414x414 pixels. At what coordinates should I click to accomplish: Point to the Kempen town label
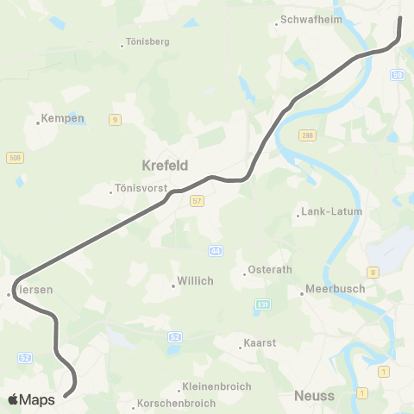[x=65, y=118]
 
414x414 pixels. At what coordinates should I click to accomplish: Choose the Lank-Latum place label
[x=332, y=211]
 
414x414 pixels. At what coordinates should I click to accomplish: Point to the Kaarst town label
[x=260, y=342]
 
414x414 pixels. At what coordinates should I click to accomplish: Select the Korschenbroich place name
[x=170, y=404]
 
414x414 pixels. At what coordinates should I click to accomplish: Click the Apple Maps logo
[x=31, y=399]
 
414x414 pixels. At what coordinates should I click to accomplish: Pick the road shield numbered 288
[x=308, y=135]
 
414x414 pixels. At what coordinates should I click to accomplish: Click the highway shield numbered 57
[x=198, y=201]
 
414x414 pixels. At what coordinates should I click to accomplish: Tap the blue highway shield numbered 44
[x=214, y=250]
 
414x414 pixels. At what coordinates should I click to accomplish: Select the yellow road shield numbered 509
[x=15, y=157]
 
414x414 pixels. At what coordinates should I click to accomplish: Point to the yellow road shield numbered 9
[x=115, y=120]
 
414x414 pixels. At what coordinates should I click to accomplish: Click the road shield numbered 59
[x=398, y=76]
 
